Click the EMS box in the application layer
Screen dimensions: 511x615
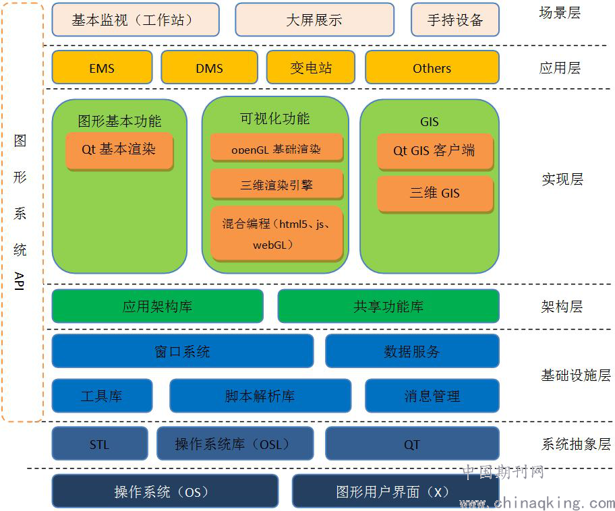point(101,67)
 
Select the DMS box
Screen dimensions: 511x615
point(209,67)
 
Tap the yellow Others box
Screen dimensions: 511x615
point(432,67)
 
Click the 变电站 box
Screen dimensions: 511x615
point(311,67)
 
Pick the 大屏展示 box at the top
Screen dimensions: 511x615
point(314,20)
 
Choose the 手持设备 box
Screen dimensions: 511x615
point(455,20)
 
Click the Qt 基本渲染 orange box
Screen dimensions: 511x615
point(119,150)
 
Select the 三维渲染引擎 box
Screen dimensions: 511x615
point(276,185)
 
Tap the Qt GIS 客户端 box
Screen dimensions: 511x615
point(434,151)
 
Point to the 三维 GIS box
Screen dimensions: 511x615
point(434,193)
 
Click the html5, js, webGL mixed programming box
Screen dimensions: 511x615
point(276,233)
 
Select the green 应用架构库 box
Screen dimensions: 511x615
point(157,306)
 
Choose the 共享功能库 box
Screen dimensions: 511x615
point(388,306)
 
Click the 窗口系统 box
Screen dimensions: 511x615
point(182,351)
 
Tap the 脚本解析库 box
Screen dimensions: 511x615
point(260,396)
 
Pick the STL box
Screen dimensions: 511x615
point(99,444)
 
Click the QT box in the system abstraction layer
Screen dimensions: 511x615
point(412,444)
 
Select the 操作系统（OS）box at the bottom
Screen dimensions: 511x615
point(165,491)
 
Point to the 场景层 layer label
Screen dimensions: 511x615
point(560,13)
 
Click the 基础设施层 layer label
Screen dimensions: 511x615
point(575,375)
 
